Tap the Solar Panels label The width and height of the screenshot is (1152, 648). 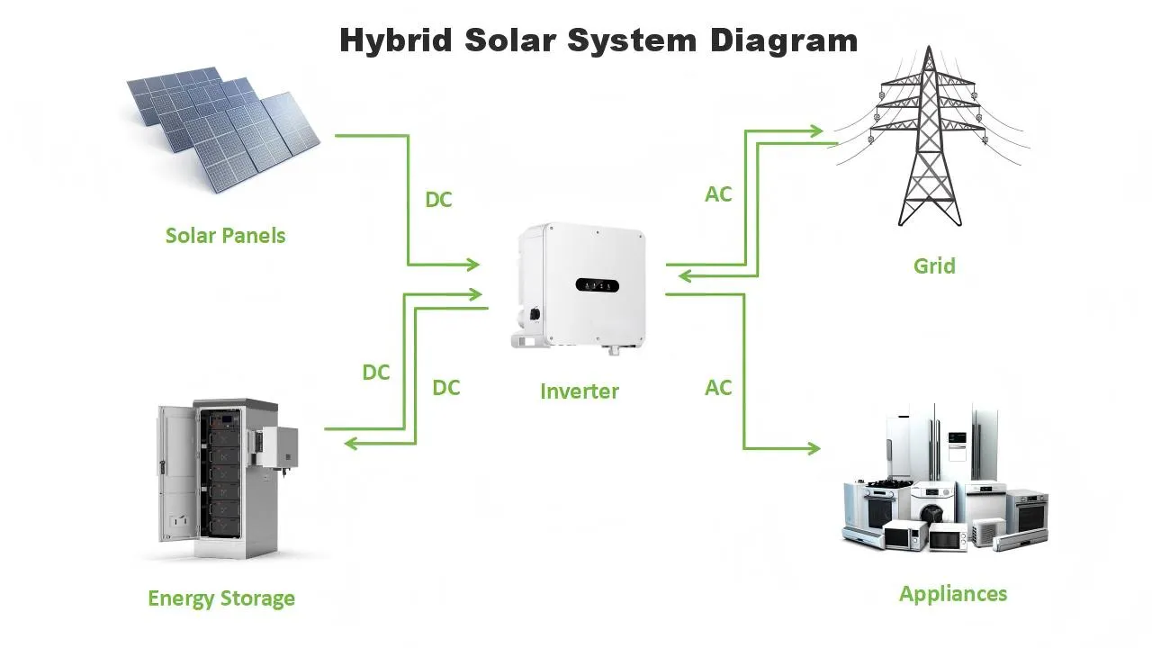point(225,236)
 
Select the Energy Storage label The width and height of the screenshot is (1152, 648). point(221,598)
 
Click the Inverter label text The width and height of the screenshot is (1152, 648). point(580,391)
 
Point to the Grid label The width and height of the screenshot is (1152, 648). point(934,266)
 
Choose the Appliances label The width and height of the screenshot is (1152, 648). point(953,594)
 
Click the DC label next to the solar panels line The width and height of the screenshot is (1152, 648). point(438,200)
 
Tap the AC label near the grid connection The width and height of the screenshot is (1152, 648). point(718,194)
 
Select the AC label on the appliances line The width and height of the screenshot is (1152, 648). point(718,388)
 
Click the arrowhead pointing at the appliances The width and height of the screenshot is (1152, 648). point(814,448)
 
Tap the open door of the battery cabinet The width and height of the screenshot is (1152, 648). point(173,472)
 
